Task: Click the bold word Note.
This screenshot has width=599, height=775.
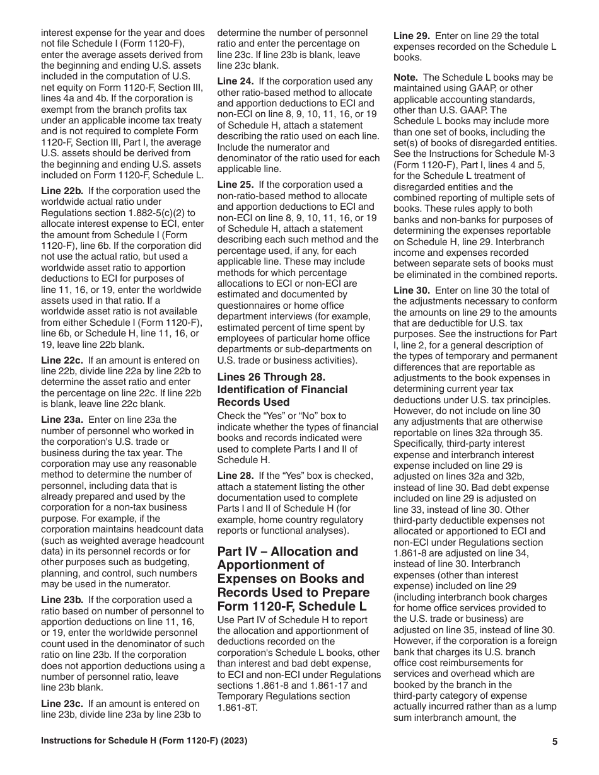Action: coord(406,77)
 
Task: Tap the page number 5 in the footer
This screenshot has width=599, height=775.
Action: coord(554,742)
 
